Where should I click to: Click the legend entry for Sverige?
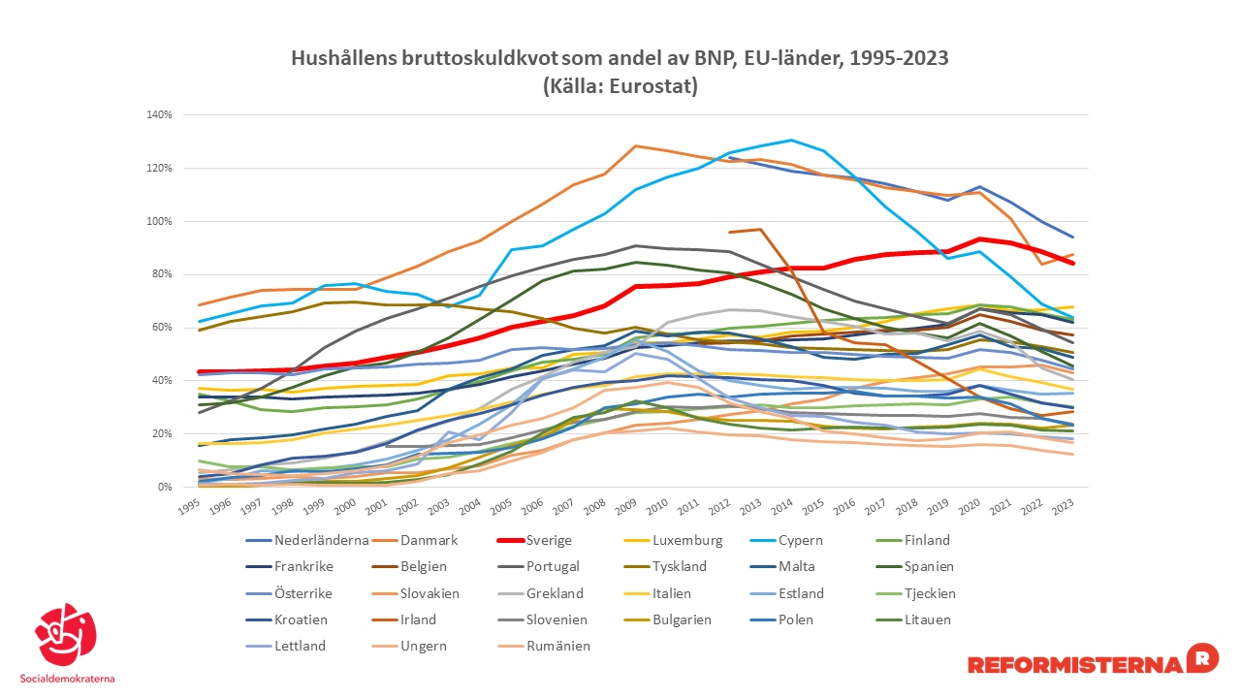click(x=543, y=540)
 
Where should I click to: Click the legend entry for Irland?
click(x=417, y=619)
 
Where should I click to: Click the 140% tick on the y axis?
click(x=159, y=114)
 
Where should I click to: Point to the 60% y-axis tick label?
click(x=161, y=328)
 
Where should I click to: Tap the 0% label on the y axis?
click(x=164, y=487)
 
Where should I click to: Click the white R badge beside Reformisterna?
click(x=1202, y=657)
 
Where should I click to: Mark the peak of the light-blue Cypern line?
click(x=791, y=140)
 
